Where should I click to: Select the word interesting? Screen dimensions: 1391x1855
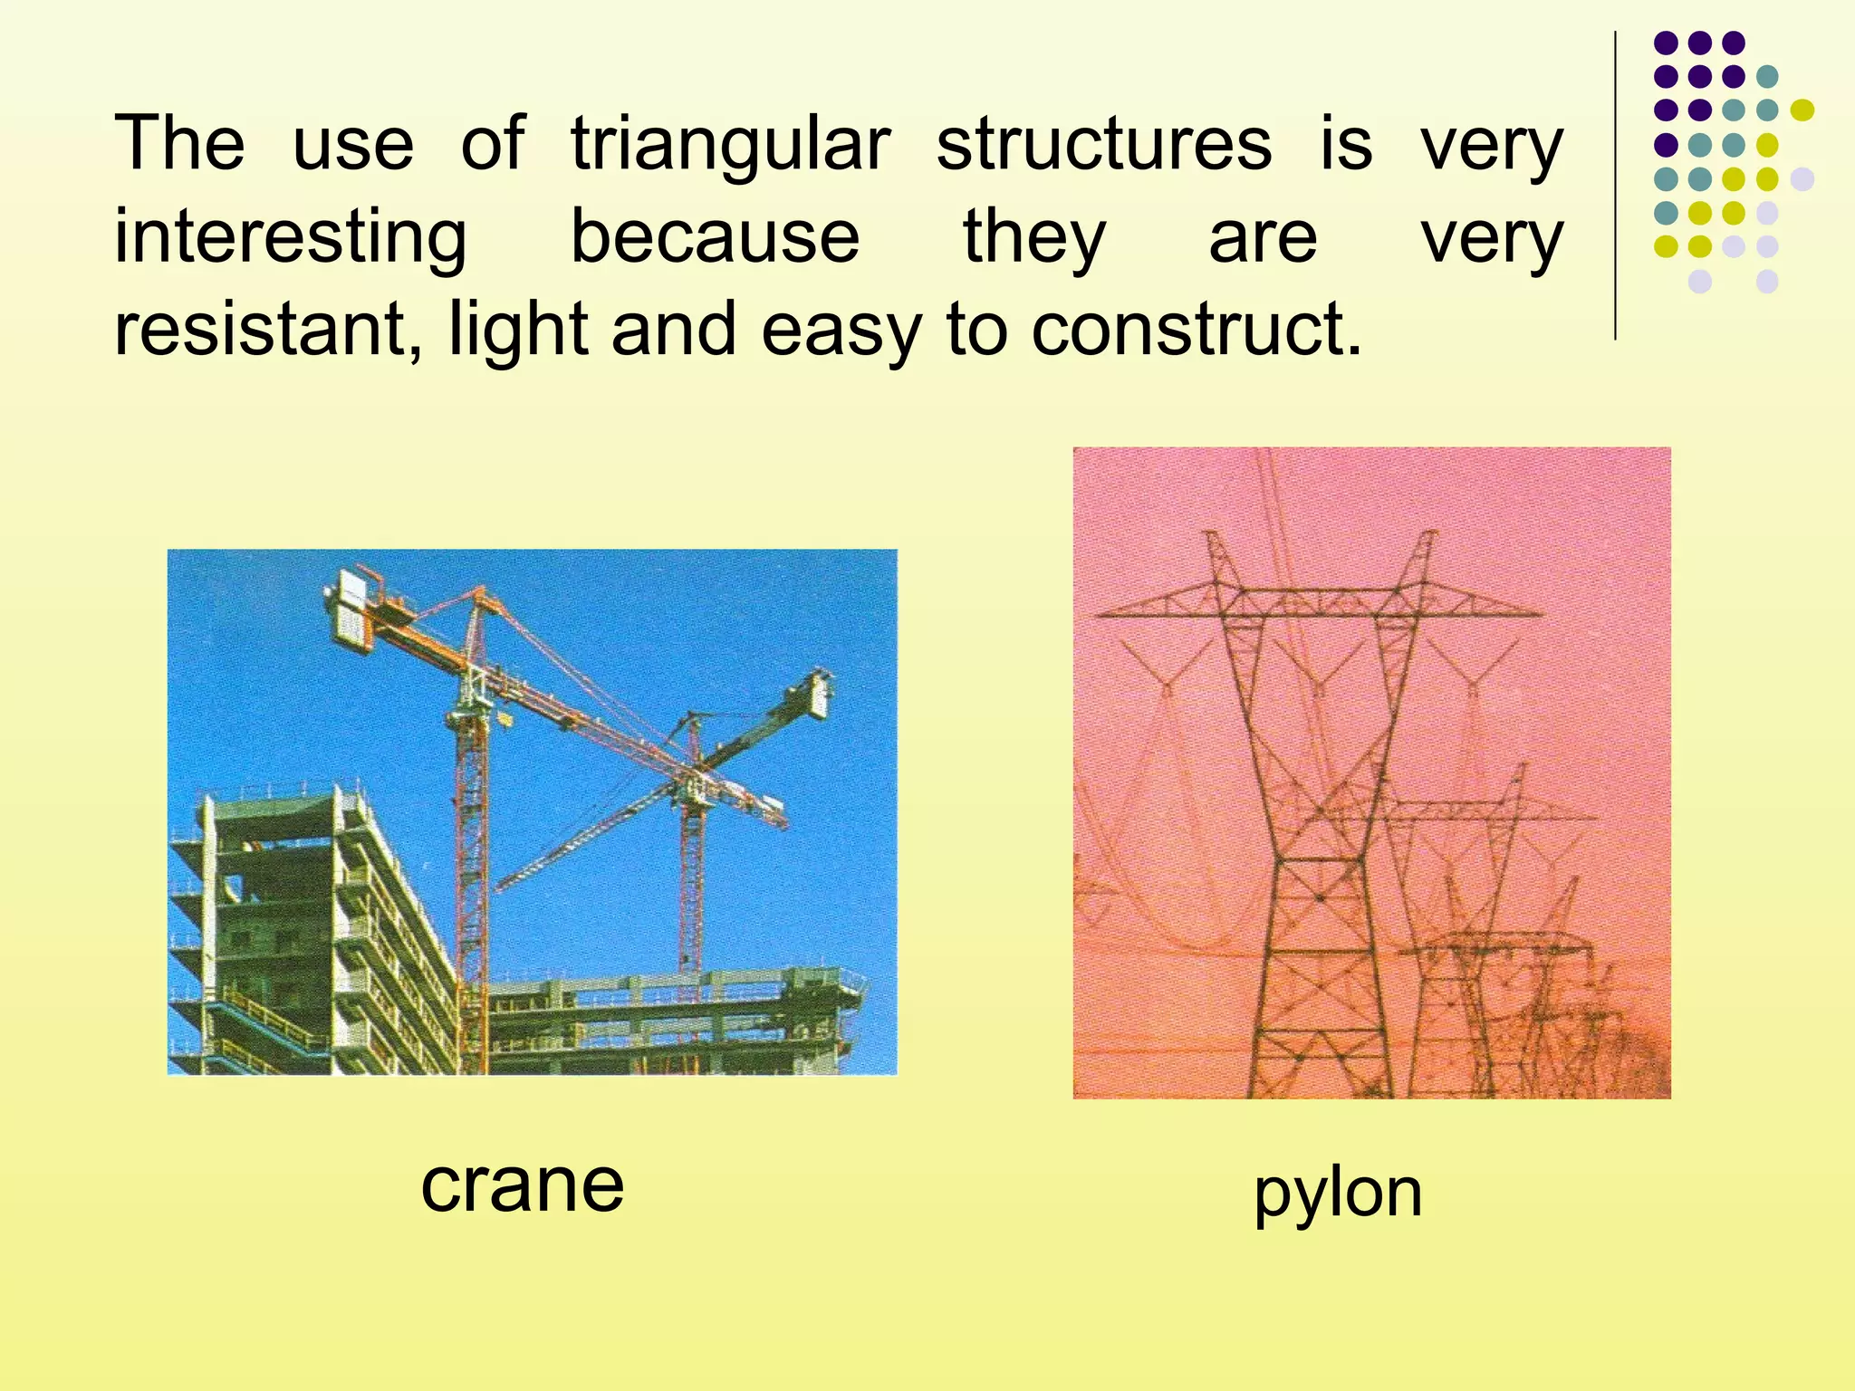(x=291, y=237)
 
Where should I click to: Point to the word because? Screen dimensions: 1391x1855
(x=715, y=237)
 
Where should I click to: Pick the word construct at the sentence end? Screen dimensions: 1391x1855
(x=1196, y=330)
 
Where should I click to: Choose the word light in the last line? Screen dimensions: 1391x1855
(x=518, y=330)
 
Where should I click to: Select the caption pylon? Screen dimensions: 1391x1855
(x=1338, y=1194)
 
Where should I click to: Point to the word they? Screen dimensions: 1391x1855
(x=1033, y=237)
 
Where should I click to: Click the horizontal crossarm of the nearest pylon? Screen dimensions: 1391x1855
(x=1318, y=605)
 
